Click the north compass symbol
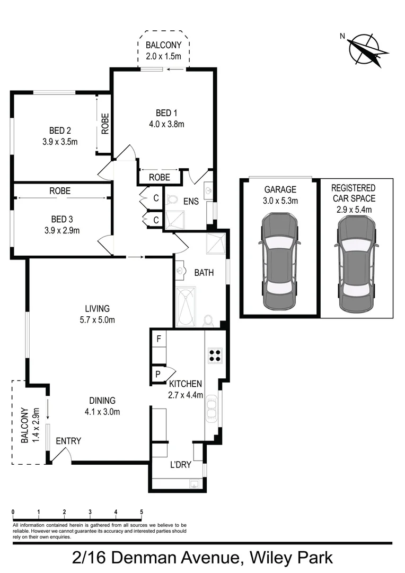click(x=365, y=49)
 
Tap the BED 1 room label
click(x=164, y=113)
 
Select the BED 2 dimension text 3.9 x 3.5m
click(x=60, y=142)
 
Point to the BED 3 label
click(x=60, y=219)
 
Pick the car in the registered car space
click(x=356, y=263)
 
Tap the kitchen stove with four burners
click(x=214, y=355)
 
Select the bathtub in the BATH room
click(x=185, y=307)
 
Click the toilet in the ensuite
click(x=172, y=199)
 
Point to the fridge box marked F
click(x=159, y=338)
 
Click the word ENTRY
click(x=68, y=441)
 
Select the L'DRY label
click(x=180, y=465)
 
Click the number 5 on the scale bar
click(x=142, y=512)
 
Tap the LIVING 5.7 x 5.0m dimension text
click(x=97, y=319)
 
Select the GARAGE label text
click(x=280, y=189)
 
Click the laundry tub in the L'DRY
click(x=194, y=484)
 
